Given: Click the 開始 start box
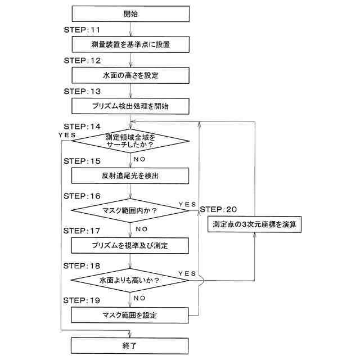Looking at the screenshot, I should coord(130,13).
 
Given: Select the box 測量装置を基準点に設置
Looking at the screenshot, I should coord(130,44).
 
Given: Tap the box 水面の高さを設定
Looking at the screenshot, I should coord(130,74).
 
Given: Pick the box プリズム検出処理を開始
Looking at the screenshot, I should coord(130,105).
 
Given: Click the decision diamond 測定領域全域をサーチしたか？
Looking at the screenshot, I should coord(130,141).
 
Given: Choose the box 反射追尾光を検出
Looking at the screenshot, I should coord(130,175).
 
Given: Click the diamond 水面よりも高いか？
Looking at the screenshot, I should coord(130,280).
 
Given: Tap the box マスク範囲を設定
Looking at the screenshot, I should coord(130,315).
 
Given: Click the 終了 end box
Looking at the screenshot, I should coord(130,345).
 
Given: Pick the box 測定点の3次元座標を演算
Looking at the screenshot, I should coord(255,224).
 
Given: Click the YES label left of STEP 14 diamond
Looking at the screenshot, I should coord(68,135).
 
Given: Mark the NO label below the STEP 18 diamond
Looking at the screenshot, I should coord(141,298).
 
